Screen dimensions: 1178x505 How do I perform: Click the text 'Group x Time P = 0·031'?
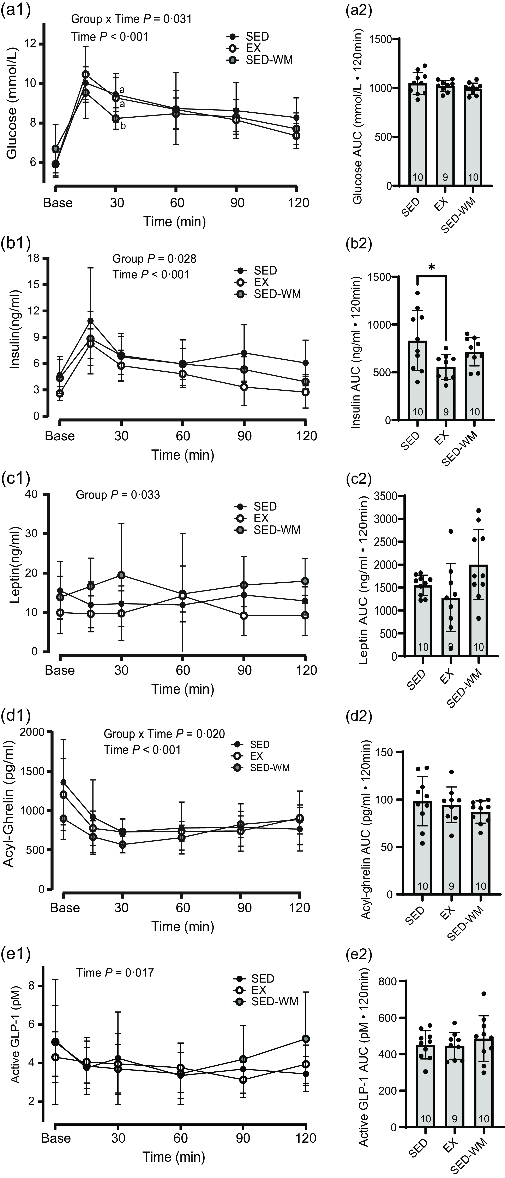[x=131, y=19]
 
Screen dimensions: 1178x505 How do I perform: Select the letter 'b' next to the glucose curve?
[x=123, y=126]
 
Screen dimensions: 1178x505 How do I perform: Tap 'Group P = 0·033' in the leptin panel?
[x=118, y=495]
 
